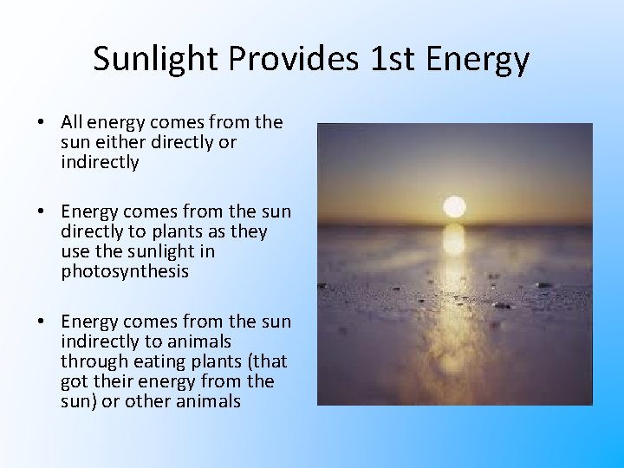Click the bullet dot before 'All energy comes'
point(42,123)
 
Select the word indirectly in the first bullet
point(100,162)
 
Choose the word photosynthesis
point(125,271)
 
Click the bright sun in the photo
point(454,206)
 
